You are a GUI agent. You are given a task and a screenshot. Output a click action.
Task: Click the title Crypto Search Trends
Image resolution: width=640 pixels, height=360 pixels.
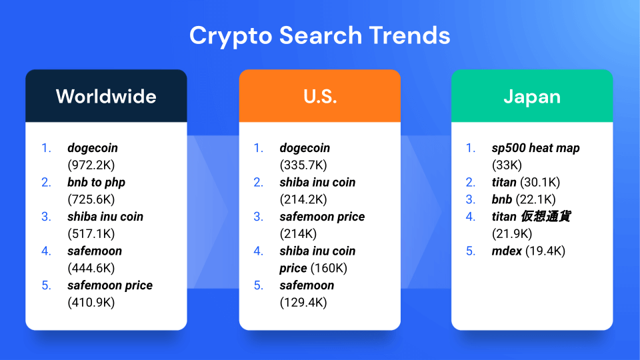319,36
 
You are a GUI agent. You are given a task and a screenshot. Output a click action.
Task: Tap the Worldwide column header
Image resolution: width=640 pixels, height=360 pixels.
106,97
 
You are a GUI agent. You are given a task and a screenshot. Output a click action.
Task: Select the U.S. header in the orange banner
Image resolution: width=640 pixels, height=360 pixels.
320,97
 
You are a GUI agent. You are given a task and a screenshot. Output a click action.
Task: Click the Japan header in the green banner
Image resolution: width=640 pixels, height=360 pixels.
532,97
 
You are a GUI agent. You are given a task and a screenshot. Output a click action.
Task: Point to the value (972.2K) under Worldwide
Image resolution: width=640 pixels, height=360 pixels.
91,165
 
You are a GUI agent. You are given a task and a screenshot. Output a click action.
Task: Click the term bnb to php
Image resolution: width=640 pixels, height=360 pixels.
96,182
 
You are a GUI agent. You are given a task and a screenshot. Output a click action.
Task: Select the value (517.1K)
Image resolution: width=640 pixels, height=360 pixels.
91,233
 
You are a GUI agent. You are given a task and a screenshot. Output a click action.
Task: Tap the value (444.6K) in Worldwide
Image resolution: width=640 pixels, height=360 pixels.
91,268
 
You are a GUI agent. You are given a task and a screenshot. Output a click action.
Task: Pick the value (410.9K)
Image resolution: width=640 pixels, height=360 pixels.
91,302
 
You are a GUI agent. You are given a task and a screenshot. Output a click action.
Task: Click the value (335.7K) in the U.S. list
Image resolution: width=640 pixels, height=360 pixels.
303,165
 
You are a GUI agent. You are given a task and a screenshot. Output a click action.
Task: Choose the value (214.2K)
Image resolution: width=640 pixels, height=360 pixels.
303,199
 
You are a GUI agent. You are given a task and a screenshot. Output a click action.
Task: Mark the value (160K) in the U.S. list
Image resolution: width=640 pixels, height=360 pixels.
329,268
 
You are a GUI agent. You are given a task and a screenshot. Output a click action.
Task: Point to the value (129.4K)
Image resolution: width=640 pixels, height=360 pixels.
303,302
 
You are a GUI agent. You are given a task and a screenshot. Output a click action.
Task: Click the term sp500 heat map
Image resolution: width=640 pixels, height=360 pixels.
535,148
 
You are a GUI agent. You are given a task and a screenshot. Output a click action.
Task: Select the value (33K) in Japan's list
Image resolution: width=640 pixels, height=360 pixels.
507,165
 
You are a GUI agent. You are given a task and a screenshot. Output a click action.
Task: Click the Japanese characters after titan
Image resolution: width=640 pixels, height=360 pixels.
546,216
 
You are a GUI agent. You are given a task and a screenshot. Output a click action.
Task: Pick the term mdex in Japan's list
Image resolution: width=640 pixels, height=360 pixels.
507,251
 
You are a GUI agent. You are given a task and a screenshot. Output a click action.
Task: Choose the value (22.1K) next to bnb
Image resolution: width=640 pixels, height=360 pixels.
535,199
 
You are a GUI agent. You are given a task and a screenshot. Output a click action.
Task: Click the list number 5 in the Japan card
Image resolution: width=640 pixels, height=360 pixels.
471,251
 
